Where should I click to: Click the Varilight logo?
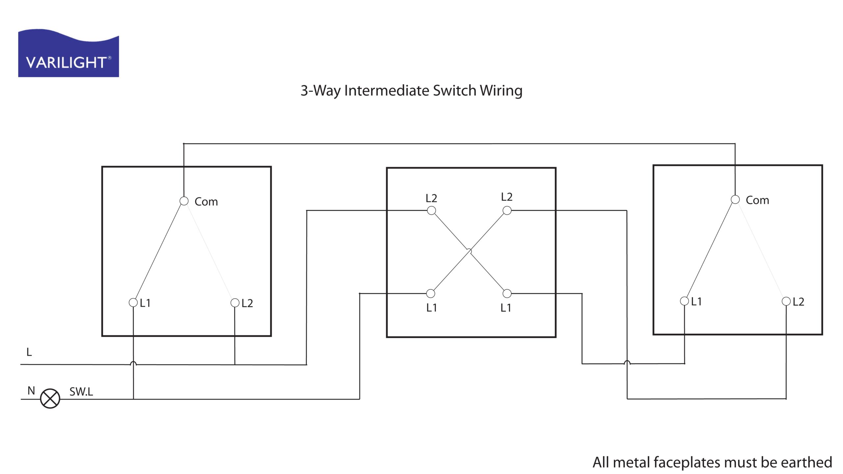[68, 54]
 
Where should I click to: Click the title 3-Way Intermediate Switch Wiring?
[411, 91]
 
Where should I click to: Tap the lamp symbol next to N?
[50, 399]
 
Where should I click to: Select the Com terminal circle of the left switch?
[184, 201]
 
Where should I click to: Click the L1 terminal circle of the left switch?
[133, 303]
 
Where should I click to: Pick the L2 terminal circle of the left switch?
[235, 303]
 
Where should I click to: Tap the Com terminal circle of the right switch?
[735, 199]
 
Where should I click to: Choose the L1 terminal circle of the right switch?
[685, 301]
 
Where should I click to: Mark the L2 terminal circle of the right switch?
[786, 301]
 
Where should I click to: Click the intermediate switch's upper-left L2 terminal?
[431, 210]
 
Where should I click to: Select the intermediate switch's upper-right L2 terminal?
[507, 210]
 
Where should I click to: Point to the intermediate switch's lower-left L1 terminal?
[431, 293]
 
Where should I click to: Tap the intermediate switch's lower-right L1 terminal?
[507, 293]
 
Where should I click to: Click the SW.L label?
[81, 392]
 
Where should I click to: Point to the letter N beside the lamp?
[31, 391]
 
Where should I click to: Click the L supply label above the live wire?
[29, 352]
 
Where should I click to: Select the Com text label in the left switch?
[206, 201]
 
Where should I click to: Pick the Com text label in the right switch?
[757, 200]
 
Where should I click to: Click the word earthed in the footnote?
[806, 462]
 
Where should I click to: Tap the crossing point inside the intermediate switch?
[469, 252]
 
